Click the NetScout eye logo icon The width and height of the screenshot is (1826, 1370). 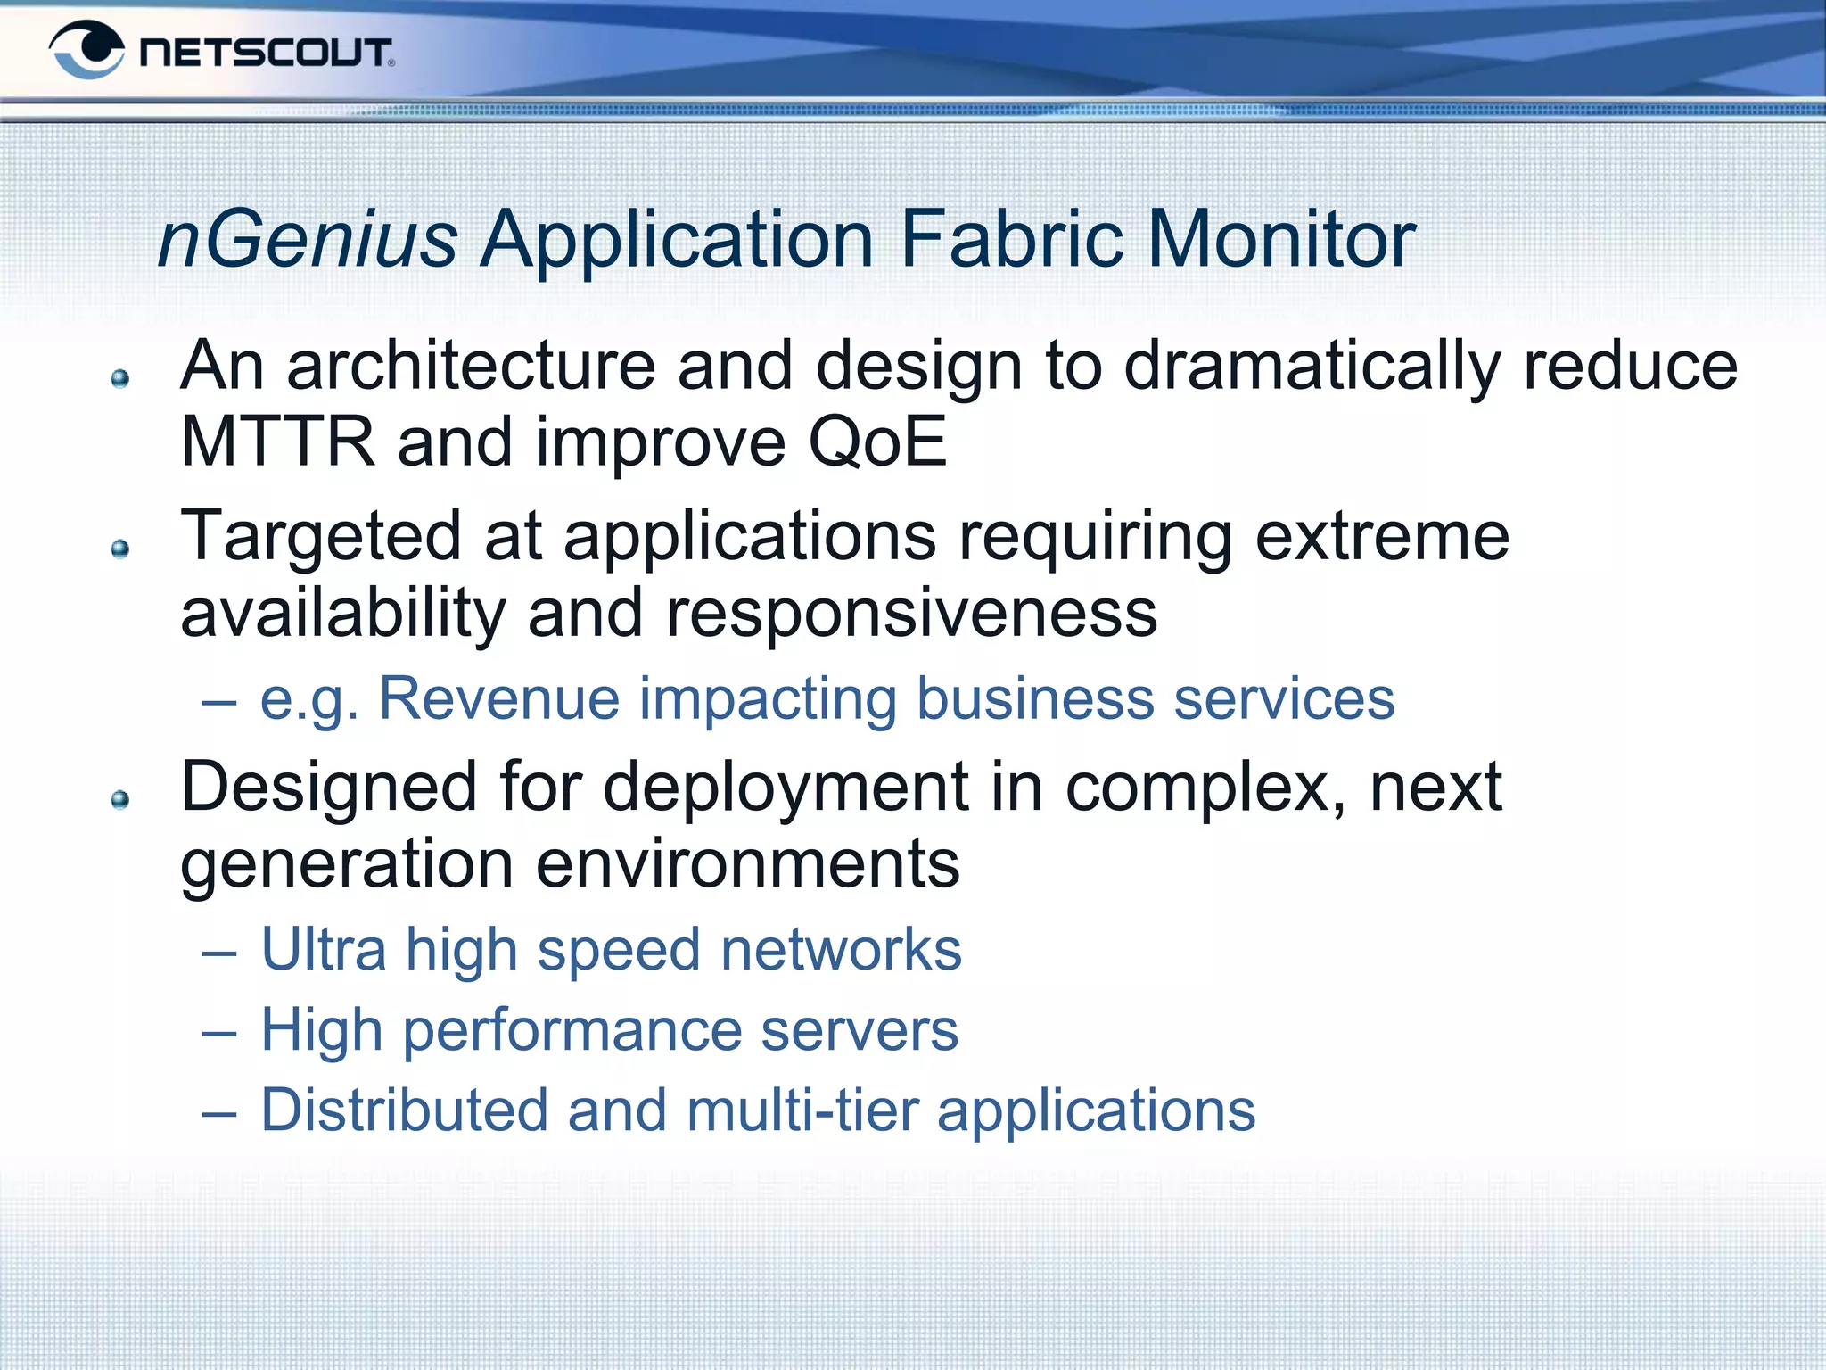(86, 50)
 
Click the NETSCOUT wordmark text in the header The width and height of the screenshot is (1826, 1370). (266, 53)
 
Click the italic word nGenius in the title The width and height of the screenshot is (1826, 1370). (308, 239)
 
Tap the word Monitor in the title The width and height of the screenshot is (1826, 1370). (1280, 239)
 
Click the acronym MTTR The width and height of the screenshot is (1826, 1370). (277, 442)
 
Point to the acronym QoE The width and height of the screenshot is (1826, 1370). (876, 442)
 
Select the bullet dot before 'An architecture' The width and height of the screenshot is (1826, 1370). (120, 379)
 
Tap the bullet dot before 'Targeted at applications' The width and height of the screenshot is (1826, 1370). (120, 548)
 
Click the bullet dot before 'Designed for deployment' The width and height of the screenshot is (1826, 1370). (120, 799)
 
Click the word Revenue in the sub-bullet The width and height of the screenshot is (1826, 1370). (499, 698)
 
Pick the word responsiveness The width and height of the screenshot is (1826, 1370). (911, 614)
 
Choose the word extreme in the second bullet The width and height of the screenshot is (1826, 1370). (1382, 537)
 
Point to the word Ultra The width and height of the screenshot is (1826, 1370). (324, 949)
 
